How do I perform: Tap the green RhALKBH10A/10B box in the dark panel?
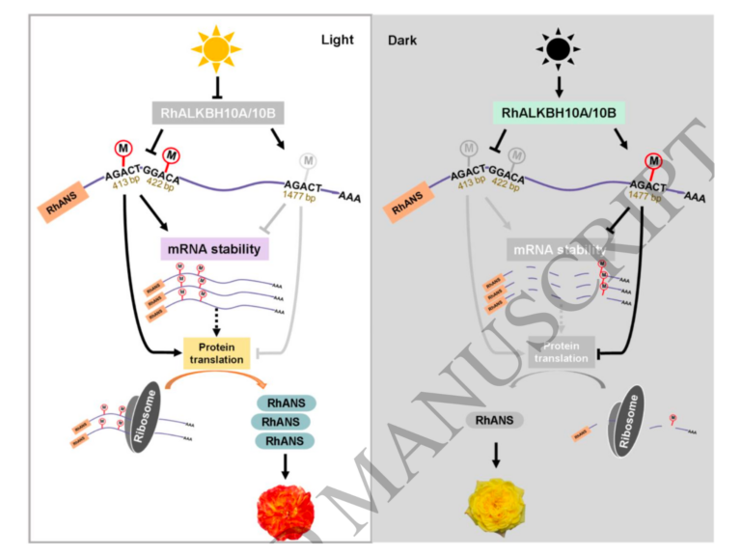560,114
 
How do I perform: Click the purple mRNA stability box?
213,250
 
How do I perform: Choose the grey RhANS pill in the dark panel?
495,421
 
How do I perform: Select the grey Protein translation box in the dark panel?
563,352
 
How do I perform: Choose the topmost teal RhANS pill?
286,403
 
